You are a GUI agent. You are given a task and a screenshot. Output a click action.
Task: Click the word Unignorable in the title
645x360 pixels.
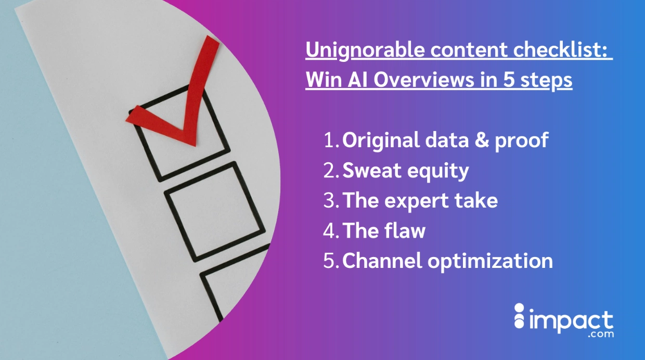[365, 50]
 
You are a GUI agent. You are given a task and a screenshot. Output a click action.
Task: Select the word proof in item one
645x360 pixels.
[522, 141]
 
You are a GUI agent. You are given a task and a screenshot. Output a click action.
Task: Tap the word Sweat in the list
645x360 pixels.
[371, 171]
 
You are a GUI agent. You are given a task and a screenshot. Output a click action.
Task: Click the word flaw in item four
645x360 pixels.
[406, 230]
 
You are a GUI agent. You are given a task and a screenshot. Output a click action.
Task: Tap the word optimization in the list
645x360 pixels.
[490, 262]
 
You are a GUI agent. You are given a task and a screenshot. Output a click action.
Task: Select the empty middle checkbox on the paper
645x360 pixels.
[214, 212]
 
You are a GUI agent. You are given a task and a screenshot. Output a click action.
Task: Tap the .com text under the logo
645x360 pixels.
[601, 335]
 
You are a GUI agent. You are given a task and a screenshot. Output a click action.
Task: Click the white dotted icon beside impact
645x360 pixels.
[519, 316]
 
